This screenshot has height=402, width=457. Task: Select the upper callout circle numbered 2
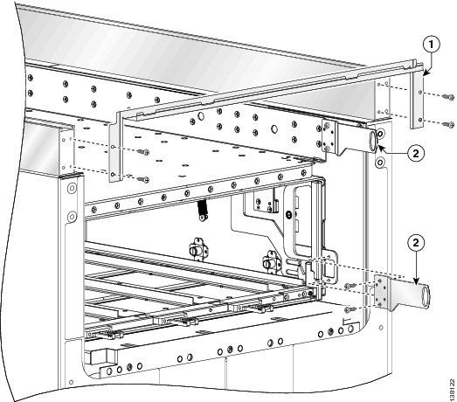click(x=417, y=151)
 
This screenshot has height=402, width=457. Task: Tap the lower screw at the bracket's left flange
click(x=145, y=177)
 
